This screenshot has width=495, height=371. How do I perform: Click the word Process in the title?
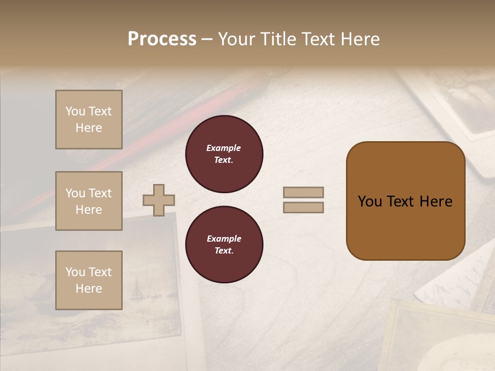pos(162,39)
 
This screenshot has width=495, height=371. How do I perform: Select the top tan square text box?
pos(89,120)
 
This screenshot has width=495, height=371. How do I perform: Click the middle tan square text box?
pos(89,201)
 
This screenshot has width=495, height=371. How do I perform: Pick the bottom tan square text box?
pos(89,280)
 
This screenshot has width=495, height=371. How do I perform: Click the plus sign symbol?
pos(159,200)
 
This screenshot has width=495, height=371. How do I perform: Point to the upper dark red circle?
pos(224,154)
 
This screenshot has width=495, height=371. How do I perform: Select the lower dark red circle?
pos(224,245)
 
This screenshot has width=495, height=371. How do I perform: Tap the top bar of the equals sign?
pos(303,192)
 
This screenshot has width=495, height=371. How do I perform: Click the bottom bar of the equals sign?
pos(303,208)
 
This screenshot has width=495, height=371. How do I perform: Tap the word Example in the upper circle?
pos(223,148)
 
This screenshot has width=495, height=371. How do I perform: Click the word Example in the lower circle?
pos(224,239)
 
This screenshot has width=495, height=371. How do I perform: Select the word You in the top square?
pos(75,111)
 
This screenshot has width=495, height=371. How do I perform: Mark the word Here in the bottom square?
pos(89,289)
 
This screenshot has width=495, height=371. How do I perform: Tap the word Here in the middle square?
pos(89,210)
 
